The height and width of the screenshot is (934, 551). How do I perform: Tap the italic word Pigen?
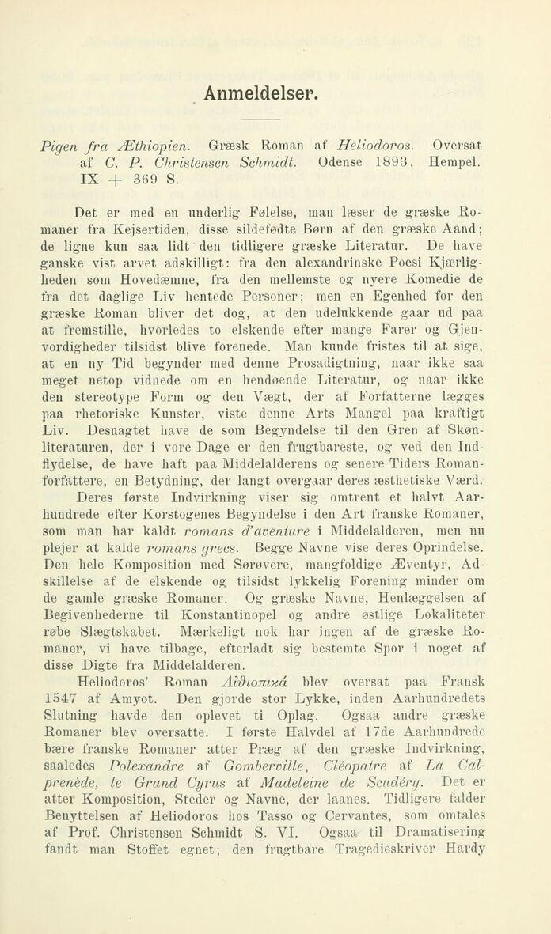(60, 146)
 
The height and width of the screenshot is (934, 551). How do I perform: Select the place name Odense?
(343, 162)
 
